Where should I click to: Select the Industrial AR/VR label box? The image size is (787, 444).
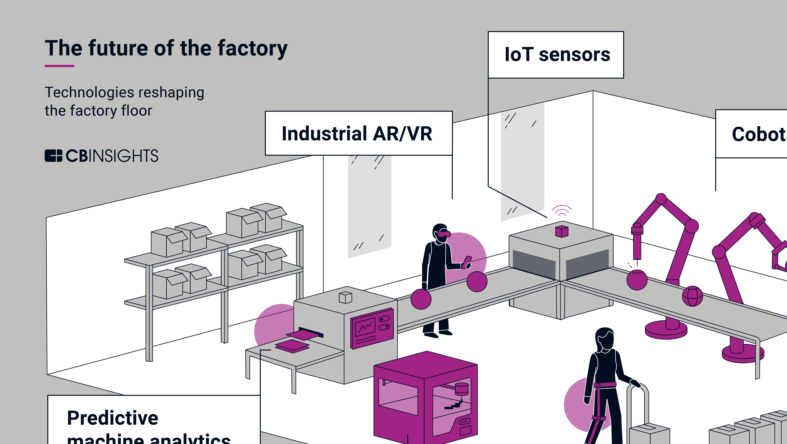(x=358, y=133)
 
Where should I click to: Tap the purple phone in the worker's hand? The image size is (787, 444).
(x=467, y=262)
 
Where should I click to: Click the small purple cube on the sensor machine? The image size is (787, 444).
(x=562, y=231)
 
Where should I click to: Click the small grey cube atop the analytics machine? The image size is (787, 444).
(x=346, y=297)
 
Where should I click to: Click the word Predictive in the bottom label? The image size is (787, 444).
(x=112, y=418)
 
